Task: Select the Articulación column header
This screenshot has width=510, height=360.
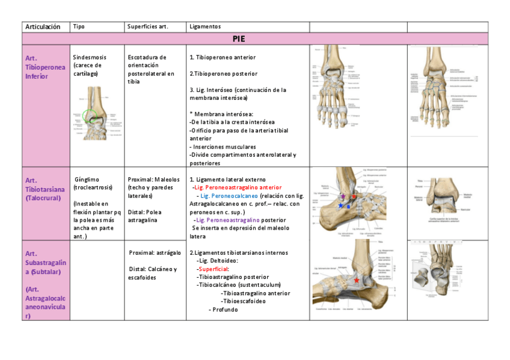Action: point(43,26)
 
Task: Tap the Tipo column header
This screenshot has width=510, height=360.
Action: point(78,26)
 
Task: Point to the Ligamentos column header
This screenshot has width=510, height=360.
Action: point(205,26)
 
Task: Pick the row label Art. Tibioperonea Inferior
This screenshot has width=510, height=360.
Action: point(45,67)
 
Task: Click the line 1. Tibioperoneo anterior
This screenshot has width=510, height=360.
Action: point(223,57)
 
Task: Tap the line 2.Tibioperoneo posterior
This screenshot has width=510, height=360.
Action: point(223,73)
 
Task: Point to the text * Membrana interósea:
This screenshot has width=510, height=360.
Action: point(221,114)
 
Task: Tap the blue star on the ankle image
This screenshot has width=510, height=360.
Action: point(340,206)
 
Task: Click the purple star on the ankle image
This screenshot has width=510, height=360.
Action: point(343,197)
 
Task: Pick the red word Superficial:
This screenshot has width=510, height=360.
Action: point(212,269)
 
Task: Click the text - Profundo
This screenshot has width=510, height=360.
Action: point(223,310)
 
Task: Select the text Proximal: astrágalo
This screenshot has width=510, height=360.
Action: point(155,252)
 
